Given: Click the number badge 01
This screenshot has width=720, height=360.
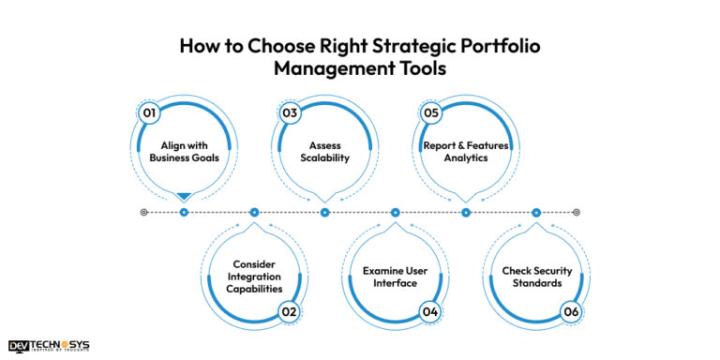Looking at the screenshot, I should (147, 112).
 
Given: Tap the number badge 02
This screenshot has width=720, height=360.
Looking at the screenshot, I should (290, 312).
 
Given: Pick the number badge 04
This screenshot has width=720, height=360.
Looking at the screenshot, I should (430, 312).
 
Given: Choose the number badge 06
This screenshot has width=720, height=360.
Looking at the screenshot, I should (571, 312).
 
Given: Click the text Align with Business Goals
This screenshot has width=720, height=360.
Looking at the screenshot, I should (184, 152).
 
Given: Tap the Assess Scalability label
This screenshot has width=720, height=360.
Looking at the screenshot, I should (324, 152).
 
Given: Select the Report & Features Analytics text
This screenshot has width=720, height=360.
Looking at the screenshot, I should (466, 152).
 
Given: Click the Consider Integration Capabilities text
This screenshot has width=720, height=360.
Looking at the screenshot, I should (254, 277).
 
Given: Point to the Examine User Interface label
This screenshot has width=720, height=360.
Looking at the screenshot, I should (396, 277).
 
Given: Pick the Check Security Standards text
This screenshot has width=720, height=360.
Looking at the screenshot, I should (536, 277).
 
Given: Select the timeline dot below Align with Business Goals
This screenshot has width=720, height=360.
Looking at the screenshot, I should (184, 212).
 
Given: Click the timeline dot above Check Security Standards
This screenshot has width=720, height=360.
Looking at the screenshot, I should (536, 212).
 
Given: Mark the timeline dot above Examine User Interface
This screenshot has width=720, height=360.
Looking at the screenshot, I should (396, 212).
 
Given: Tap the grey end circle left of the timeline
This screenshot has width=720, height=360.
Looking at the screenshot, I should (143, 212).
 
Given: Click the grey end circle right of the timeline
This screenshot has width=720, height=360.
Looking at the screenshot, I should (577, 212).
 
